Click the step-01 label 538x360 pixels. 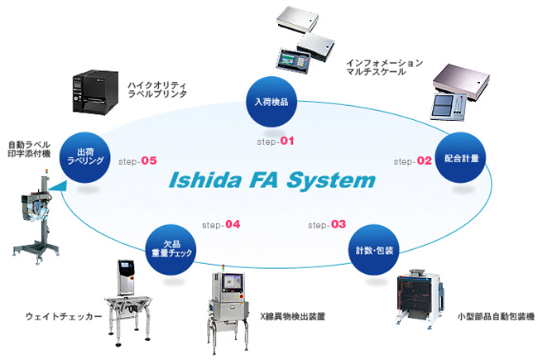click(x=276, y=142)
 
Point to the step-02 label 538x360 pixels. click(x=413, y=161)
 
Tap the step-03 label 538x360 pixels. click(x=328, y=224)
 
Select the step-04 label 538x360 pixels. click(x=221, y=224)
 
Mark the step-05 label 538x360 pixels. click(x=137, y=161)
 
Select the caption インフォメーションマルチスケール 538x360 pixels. click(x=385, y=67)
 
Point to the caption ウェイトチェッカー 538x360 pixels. click(x=64, y=316)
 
